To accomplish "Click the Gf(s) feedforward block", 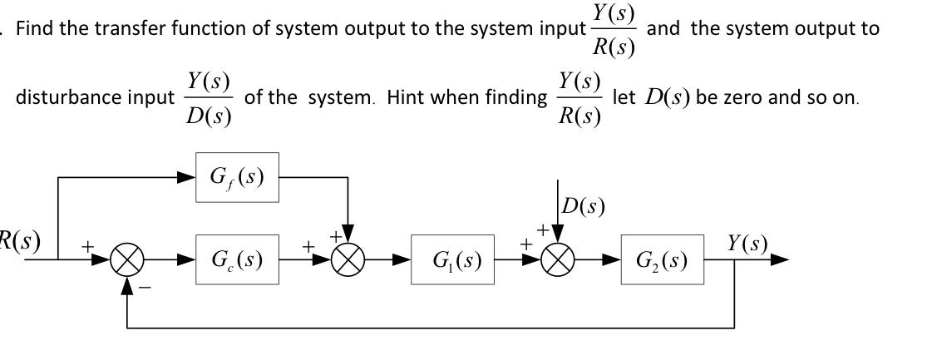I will [237, 177].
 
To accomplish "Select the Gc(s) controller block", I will [237, 259].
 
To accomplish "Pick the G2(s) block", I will [662, 259].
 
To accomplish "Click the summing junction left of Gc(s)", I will [127, 259].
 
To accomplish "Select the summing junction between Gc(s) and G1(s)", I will [348, 259].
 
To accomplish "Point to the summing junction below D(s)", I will [558, 259].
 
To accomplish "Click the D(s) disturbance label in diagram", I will [583, 206].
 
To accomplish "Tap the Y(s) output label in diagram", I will [747, 244].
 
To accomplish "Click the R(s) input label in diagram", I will [18, 241].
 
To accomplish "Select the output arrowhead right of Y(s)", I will [779, 259].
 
